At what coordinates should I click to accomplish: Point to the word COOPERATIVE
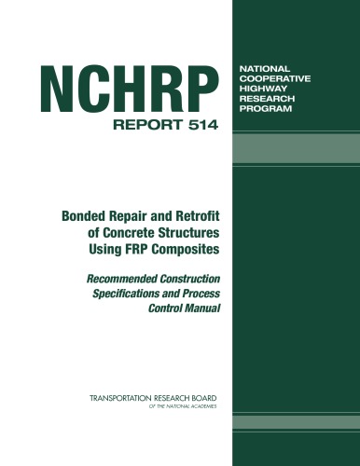[x=279, y=82]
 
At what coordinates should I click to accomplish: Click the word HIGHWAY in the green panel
[x=266, y=94]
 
